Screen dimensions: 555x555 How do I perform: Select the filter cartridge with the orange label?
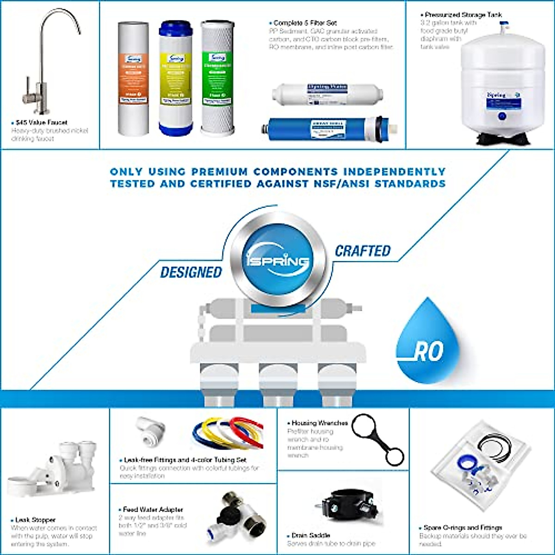[x=133, y=79]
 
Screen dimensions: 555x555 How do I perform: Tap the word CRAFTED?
[x=363, y=251]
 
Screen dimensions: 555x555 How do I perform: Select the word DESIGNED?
[x=191, y=272]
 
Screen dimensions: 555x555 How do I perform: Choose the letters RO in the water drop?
[x=428, y=352]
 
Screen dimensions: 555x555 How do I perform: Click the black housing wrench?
[x=378, y=439]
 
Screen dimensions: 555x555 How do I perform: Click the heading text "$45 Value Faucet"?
[x=41, y=123]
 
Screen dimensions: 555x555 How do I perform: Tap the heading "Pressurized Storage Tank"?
[x=463, y=15]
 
